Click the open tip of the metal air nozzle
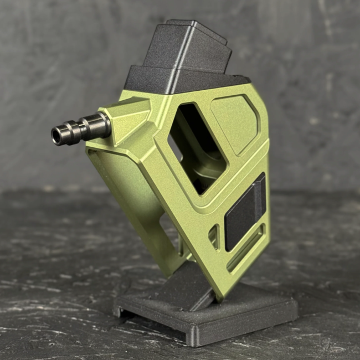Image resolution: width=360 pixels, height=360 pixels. pos(57,135)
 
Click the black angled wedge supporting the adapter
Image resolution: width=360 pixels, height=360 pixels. pos(183,288)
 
